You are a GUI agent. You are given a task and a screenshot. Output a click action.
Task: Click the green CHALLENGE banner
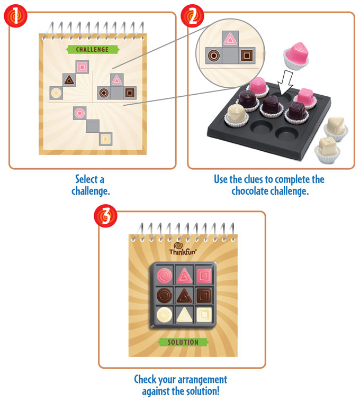pos(92,50)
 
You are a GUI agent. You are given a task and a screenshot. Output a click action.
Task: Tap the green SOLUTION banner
pos(183,342)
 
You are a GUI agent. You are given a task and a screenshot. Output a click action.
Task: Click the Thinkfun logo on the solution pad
pos(183,249)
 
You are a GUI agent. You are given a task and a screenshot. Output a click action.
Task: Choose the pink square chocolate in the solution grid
pos(202,275)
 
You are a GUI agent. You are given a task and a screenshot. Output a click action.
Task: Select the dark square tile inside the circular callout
pos(246,54)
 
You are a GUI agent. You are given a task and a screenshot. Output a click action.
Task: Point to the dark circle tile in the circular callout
pos(213,54)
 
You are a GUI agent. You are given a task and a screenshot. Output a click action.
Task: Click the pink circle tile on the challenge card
pos(79,112)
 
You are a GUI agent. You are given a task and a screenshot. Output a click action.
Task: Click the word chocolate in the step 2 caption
pos(248,191)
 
